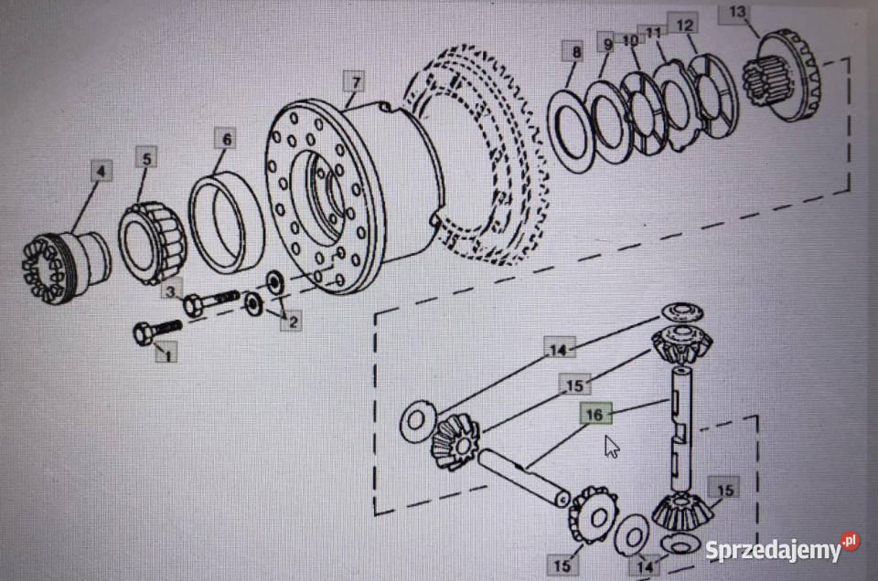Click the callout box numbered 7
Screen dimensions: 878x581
pos(356,83)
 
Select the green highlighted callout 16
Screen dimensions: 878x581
pos(595,415)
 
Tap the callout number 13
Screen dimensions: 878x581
pos(737,12)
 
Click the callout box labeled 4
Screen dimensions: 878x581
pos(101,171)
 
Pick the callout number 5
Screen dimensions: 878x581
pos(146,158)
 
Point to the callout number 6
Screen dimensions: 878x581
pos(226,139)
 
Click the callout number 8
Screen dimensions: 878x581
pos(576,52)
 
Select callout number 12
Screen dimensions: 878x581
pos(684,25)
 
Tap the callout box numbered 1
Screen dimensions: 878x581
pos(167,353)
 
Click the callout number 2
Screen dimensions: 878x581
pos(293,321)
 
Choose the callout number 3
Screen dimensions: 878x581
pos(170,291)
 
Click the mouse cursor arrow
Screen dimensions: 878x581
pos(612,447)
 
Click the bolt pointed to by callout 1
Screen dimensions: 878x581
pos(157,332)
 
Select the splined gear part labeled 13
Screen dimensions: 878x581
pos(782,76)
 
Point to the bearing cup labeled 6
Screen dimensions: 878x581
pos(226,223)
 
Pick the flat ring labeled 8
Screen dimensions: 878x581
pos(571,132)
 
